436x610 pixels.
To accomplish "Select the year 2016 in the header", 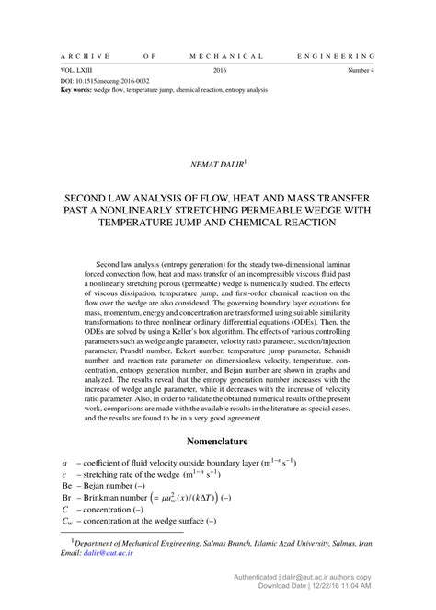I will pyautogui.click(x=219, y=70).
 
